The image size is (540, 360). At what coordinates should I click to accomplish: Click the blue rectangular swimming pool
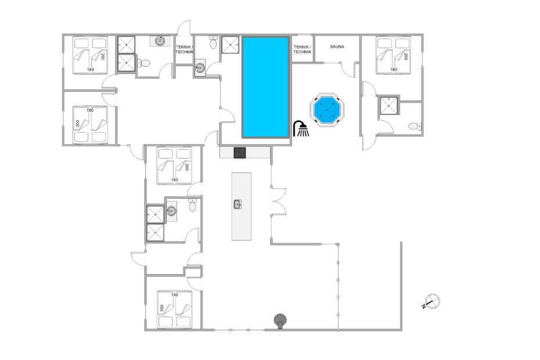265,87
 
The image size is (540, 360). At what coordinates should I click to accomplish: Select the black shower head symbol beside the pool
301,128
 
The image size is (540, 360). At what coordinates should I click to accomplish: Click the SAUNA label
337,46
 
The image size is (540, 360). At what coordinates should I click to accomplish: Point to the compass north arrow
430,302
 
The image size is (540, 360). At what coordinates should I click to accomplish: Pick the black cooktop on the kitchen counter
240,153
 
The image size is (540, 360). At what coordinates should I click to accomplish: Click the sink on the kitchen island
237,204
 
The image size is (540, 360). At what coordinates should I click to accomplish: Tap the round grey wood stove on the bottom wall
280,321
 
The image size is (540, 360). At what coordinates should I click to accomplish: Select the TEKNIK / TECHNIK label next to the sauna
302,49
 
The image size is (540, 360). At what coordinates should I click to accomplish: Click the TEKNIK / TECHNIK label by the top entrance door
184,49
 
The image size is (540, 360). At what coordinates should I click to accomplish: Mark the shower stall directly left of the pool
230,45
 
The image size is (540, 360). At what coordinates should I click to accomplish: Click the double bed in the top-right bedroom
393,55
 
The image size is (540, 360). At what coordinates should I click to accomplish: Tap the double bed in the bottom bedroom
174,309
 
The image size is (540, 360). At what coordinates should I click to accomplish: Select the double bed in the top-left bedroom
90,55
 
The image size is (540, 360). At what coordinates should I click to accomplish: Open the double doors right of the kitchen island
278,201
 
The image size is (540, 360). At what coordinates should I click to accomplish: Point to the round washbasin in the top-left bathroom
160,41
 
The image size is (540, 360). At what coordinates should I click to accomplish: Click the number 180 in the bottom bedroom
174,295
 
